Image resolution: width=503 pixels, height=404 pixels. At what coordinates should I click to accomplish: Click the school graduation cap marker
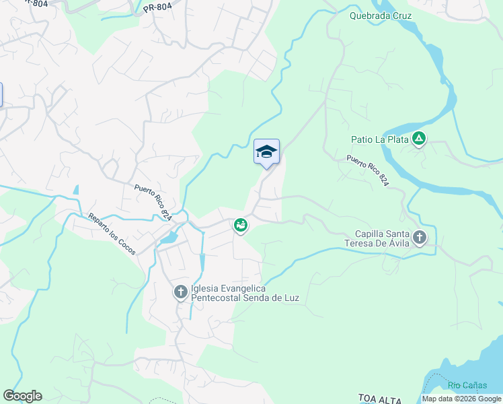coord(266,151)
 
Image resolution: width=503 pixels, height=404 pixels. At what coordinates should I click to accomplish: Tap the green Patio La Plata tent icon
coord(419,139)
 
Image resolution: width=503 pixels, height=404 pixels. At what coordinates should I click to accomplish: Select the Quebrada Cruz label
coord(381,15)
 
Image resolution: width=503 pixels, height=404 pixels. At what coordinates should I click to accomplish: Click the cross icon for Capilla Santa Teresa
coord(420,237)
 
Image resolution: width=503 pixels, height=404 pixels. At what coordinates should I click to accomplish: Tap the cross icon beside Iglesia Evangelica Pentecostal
coord(180,292)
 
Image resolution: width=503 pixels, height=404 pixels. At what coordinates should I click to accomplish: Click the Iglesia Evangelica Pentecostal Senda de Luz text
coord(245,293)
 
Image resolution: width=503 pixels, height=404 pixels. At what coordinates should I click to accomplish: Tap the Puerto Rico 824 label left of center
coord(153,202)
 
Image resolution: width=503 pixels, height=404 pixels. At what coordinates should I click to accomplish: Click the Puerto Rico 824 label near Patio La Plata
coord(368,172)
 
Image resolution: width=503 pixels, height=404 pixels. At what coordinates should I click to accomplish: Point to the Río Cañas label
coord(467,385)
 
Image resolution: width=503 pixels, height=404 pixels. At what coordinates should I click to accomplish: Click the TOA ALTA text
coord(380,399)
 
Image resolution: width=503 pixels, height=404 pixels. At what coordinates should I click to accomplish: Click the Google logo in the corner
coord(22,396)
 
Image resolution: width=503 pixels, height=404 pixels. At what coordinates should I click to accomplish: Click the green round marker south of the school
coord(240,226)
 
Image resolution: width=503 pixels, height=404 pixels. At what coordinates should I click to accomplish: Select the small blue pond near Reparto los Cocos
coord(169,238)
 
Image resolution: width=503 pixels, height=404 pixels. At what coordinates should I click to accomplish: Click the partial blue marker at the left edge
coord(1,94)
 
